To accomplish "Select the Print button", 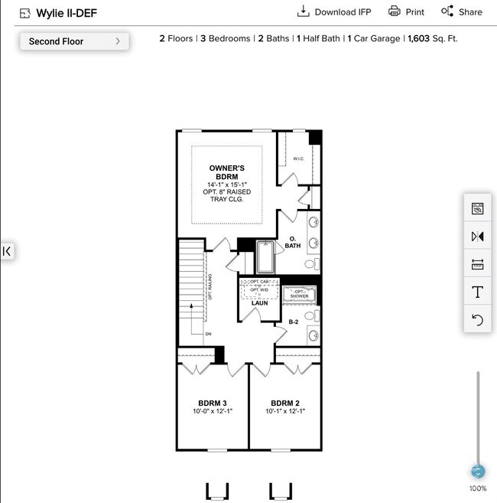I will [406, 11].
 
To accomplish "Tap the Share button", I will [461, 11].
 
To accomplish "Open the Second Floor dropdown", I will [74, 41].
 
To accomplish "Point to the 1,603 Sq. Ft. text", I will [433, 38].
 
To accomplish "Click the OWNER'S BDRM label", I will [227, 172].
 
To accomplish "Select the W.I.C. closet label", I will [298, 158].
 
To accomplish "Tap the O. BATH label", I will [293, 242].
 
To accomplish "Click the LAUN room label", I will [259, 303].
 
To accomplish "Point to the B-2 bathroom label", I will [293, 322].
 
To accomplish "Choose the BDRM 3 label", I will [212, 403].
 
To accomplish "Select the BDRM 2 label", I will [284, 403].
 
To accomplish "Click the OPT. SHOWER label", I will [299, 294].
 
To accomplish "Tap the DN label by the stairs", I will [208, 335].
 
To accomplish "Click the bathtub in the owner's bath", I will [265, 257].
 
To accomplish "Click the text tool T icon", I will [478, 292].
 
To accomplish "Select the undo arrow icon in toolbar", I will [478, 320].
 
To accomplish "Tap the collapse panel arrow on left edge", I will [7, 250].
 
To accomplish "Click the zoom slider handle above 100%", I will [478, 472].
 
